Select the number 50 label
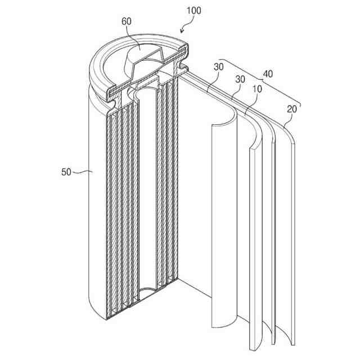[66, 173]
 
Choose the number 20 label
[292, 109]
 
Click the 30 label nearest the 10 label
[240, 80]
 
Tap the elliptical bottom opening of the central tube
[149, 291]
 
